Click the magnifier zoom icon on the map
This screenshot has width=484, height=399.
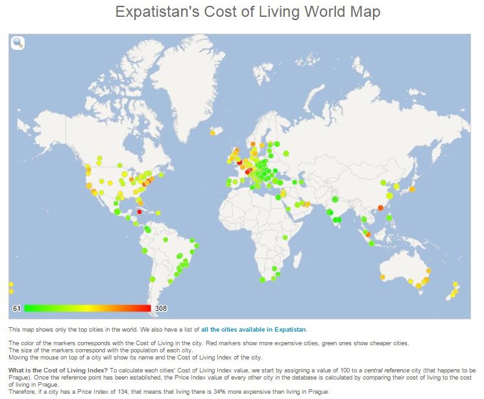[x=18, y=43]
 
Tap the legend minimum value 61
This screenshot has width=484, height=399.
[x=17, y=308]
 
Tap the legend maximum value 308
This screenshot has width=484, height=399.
[x=161, y=308]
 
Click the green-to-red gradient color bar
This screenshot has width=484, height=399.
[x=87, y=308]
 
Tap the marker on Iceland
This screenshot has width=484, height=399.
[x=212, y=133]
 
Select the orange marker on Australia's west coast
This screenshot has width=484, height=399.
[x=382, y=277]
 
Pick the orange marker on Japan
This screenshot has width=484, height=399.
[x=412, y=188]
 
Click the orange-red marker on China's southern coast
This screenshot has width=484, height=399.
[x=380, y=207]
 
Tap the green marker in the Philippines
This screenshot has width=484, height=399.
[x=389, y=218]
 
